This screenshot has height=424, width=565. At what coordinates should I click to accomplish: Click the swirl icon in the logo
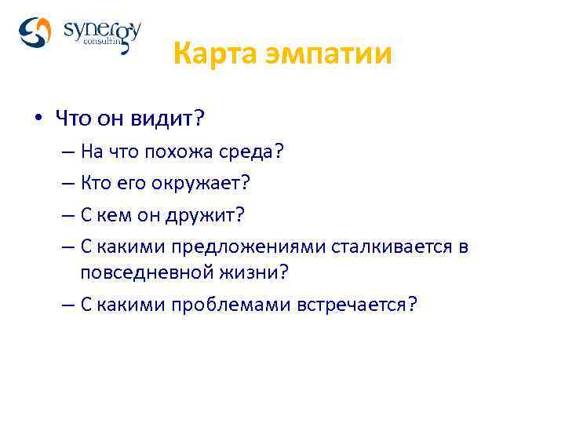pos(35,33)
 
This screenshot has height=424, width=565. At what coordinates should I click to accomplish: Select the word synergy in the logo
pos(101,31)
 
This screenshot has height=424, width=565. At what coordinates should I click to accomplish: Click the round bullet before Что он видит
pos(37,119)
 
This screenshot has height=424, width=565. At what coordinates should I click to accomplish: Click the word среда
pos(254,152)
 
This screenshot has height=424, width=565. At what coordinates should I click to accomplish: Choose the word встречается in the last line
pos(357,305)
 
